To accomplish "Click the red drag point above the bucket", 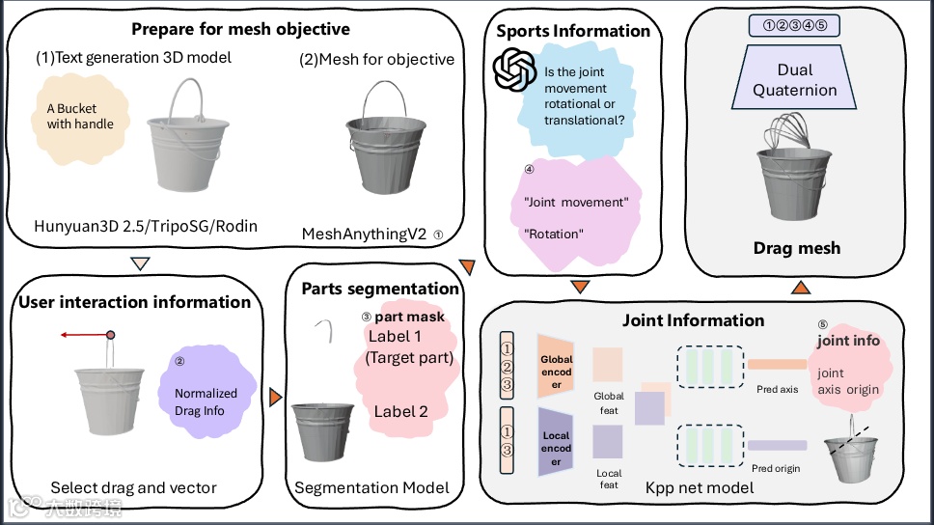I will [110, 335].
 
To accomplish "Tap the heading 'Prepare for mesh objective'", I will [240, 29].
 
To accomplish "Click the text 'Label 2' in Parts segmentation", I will [400, 412].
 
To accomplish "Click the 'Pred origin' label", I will [776, 469].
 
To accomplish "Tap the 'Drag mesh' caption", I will [796, 248].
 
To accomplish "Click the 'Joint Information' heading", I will [693, 320].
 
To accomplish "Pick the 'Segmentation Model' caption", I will [371, 487].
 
